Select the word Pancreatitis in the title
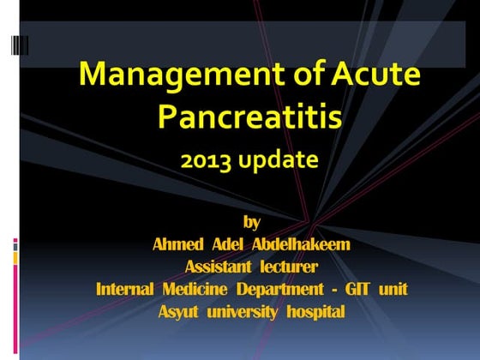[249, 117]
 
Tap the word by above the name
[251, 222]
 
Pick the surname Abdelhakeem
[302, 244]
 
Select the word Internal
[124, 289]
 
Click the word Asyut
[178, 311]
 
